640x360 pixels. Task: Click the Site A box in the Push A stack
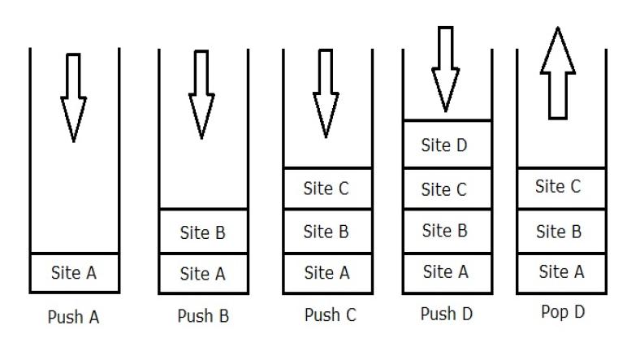(74, 273)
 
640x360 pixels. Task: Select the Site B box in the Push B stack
(203, 232)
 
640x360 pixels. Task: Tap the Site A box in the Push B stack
(203, 273)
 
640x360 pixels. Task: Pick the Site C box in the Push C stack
(326, 189)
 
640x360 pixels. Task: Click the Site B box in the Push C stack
(326, 232)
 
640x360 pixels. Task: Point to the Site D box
(447, 145)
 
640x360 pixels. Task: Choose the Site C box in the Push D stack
(447, 189)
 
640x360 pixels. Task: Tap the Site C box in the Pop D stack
(560, 188)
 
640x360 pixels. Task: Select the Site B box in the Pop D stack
(560, 232)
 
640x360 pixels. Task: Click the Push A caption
(74, 317)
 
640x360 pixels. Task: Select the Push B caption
(203, 316)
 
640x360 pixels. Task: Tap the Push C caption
(330, 315)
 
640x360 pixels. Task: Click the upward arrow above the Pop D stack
(557, 72)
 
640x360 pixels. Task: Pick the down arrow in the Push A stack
(73, 98)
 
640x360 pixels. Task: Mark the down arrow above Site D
(444, 68)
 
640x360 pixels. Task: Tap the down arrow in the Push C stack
(326, 93)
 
